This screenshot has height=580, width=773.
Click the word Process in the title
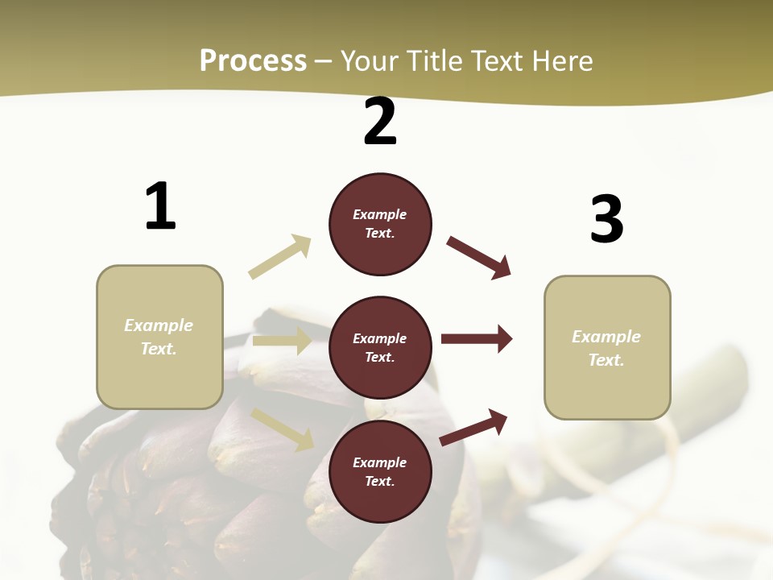coord(253,61)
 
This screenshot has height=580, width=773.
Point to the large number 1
coord(160,206)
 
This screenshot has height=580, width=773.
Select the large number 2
coord(380,122)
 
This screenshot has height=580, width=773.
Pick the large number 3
coord(606,219)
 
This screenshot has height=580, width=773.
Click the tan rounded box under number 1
coord(159,337)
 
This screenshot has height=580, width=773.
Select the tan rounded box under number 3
coord(607,348)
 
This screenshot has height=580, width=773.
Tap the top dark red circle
coord(380,224)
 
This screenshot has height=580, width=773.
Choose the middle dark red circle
coord(380,348)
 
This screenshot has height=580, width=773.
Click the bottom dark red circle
coord(380,472)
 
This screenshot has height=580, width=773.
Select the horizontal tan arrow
coord(282,341)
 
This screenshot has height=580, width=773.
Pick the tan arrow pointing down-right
coord(283,429)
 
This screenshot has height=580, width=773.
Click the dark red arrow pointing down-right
coord(479,257)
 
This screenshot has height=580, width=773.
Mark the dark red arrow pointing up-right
coord(473,427)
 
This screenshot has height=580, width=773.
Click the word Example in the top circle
coord(380,215)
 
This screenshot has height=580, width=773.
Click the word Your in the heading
coord(370,61)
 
